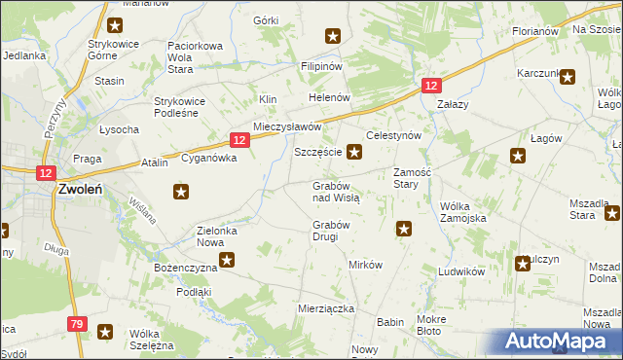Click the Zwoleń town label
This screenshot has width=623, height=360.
click(81, 190)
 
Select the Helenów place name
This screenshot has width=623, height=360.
click(329, 99)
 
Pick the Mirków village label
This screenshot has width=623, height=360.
click(366, 265)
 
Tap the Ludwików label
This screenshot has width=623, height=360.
click(461, 272)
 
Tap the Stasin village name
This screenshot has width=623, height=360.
click(109, 81)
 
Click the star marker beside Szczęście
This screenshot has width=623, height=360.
click(355, 152)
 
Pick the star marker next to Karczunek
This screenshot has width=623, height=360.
click(568, 75)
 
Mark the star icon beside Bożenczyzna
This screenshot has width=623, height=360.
click(227, 260)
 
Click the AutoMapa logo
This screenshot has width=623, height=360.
click(558, 341)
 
